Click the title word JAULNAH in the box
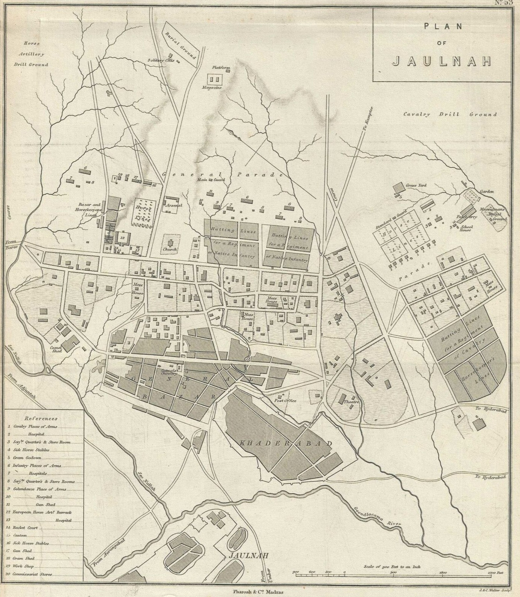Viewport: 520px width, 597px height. click(x=441, y=61)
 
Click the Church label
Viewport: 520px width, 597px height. click(x=170, y=250)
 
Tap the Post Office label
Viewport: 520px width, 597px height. click(x=285, y=401)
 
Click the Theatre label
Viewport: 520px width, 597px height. click(x=351, y=402)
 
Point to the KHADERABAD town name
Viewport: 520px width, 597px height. click(x=286, y=444)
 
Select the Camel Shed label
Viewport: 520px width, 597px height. click(x=56, y=349)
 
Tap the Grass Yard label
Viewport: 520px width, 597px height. click(x=416, y=185)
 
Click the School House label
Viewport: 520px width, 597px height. click(x=465, y=228)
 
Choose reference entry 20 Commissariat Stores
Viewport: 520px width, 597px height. click(x=32, y=574)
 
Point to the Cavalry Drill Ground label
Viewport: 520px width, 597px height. click(x=450, y=115)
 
